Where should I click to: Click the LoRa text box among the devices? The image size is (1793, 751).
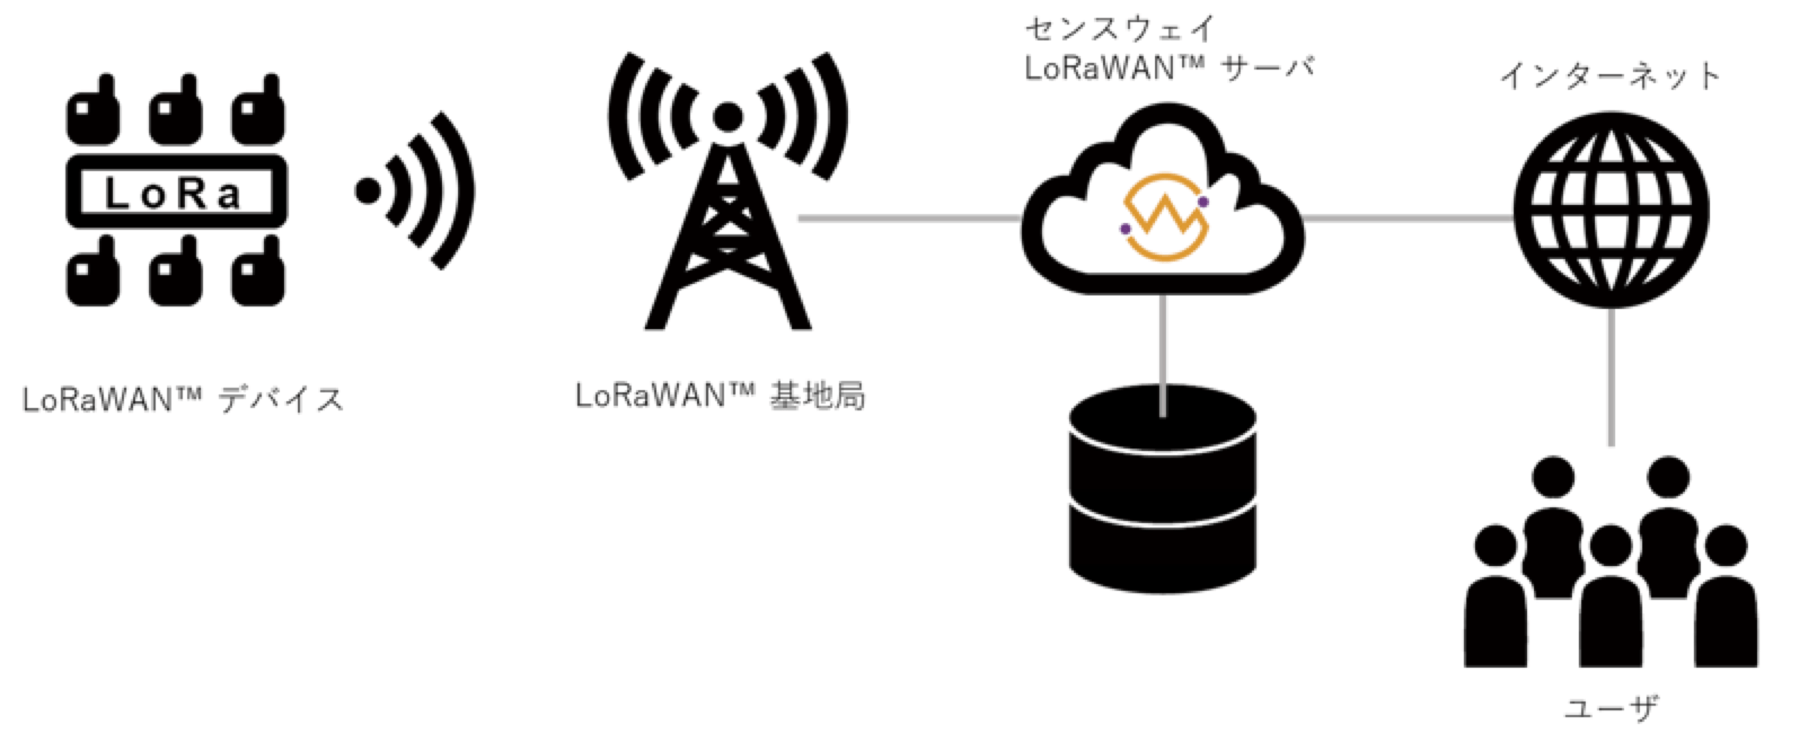(x=176, y=191)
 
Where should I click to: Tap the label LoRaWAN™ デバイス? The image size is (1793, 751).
(x=183, y=400)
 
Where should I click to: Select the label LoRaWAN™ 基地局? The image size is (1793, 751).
(x=721, y=396)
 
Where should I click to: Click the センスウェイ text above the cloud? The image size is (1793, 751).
(x=1121, y=29)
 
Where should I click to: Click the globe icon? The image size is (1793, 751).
(x=1611, y=210)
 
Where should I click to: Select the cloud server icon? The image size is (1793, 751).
(x=1162, y=198)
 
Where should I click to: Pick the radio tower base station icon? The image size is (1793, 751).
(x=728, y=190)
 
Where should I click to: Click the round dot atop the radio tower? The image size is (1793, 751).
(x=728, y=116)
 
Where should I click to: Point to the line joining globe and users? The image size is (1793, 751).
(x=1611, y=376)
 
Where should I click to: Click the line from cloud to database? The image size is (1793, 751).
(x=1162, y=355)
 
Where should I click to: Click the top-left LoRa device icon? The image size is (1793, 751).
(x=93, y=109)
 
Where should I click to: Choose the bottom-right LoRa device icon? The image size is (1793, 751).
(x=258, y=271)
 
